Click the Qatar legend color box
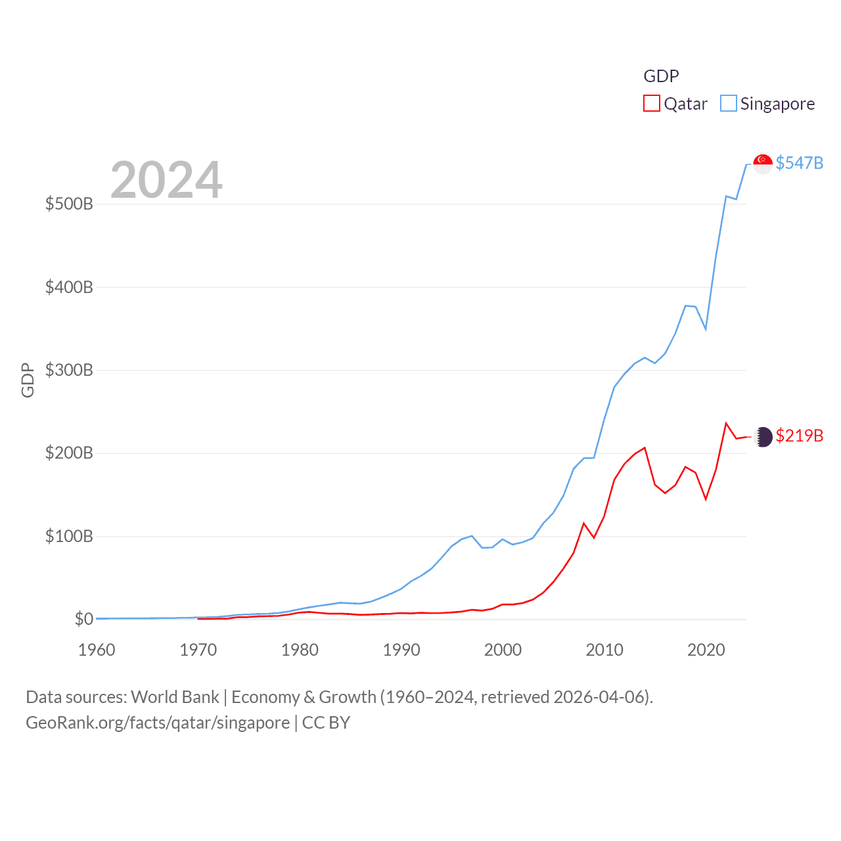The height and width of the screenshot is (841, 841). pos(651,104)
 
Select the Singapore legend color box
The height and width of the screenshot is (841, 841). pos(728,104)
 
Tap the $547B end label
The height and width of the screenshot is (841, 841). pos(799,163)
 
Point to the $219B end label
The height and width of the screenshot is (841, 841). pos(799,436)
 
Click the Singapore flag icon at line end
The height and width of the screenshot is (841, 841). pos(763,164)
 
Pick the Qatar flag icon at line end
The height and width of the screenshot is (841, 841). pos(763,437)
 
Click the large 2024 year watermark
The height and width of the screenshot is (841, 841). pos(166,180)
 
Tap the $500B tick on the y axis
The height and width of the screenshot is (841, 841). pos(69,204)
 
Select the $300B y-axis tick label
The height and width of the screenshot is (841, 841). pos(69,370)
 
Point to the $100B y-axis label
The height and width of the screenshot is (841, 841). pos(69,536)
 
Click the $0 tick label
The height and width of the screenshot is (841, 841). pos(83,619)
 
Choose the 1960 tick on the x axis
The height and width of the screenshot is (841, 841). pos(97,650)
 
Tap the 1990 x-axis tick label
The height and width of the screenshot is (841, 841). pos(401,650)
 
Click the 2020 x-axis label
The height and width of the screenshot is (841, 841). pos(706,650)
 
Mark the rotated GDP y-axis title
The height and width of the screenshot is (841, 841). pos(28,380)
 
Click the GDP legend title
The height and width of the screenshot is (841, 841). pos(661,76)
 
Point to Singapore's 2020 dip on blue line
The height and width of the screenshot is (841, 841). pos(706,329)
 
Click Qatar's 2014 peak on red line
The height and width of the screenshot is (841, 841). pos(645,448)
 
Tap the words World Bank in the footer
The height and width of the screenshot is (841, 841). pos(175,696)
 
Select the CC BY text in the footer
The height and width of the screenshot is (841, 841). pos(326,723)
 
